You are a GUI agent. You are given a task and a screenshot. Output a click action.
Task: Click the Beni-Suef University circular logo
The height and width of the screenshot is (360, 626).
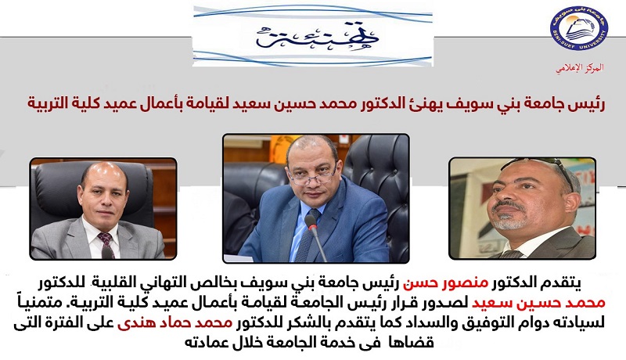(x=579, y=29)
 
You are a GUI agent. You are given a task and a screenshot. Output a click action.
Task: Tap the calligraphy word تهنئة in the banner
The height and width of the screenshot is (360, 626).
(x=318, y=35)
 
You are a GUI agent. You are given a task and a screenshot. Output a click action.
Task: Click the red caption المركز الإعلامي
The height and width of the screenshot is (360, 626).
(x=580, y=68)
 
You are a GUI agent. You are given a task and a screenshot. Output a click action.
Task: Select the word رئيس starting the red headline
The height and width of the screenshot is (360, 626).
(x=589, y=103)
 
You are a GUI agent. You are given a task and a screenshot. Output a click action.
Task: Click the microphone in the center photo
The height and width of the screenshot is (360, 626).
(x=314, y=236)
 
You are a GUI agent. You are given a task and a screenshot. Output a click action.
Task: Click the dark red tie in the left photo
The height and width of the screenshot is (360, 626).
(x=106, y=243)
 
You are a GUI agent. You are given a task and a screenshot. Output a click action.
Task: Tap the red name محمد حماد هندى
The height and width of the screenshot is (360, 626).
(x=174, y=322)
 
